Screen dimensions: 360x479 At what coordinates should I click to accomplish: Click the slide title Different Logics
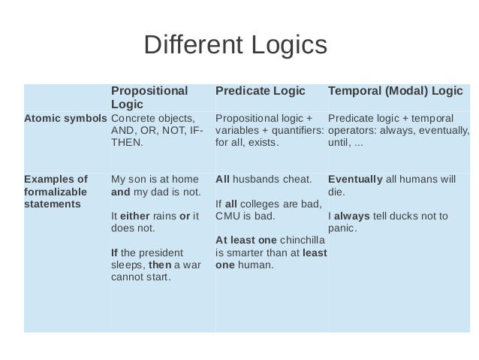235,46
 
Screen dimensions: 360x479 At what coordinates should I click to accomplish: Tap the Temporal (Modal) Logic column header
395,91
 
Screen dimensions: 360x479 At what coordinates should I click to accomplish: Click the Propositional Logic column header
149,97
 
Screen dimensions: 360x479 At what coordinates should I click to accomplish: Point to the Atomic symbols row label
65,118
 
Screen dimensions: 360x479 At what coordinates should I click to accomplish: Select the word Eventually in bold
355,180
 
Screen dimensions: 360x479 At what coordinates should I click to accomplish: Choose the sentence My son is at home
154,180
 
